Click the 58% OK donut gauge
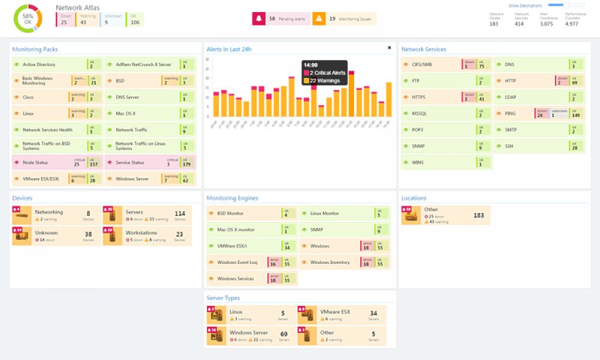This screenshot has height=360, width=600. [x=28, y=19]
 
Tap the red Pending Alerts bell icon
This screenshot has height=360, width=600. [x=259, y=19]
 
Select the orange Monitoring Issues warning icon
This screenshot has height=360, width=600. [x=319, y=19]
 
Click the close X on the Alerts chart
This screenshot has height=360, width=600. [x=389, y=47]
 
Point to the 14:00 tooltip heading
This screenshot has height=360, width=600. [x=311, y=65]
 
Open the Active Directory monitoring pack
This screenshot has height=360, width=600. [x=39, y=64]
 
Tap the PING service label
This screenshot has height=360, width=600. [x=510, y=113]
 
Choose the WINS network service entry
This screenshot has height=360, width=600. [x=418, y=163]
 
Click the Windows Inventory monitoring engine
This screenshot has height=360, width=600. [x=330, y=262]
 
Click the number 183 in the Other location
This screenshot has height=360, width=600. [x=478, y=215]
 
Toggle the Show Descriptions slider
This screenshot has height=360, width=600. [x=566, y=5]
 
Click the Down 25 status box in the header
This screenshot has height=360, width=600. [x=65, y=19]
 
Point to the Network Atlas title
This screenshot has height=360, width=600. [x=77, y=7]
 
